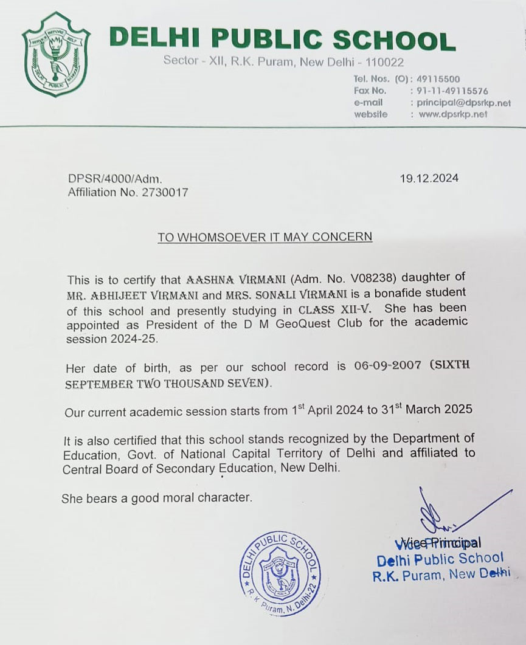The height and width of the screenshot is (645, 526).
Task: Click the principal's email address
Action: coord(464,103)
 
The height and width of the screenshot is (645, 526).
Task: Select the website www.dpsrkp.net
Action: coord(452,114)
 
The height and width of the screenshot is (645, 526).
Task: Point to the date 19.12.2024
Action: coord(429,179)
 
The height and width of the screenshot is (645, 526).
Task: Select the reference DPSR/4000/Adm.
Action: coord(115,179)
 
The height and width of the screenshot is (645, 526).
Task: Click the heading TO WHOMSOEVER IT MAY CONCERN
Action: coord(265,236)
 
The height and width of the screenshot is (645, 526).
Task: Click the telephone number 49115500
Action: coord(438,79)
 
